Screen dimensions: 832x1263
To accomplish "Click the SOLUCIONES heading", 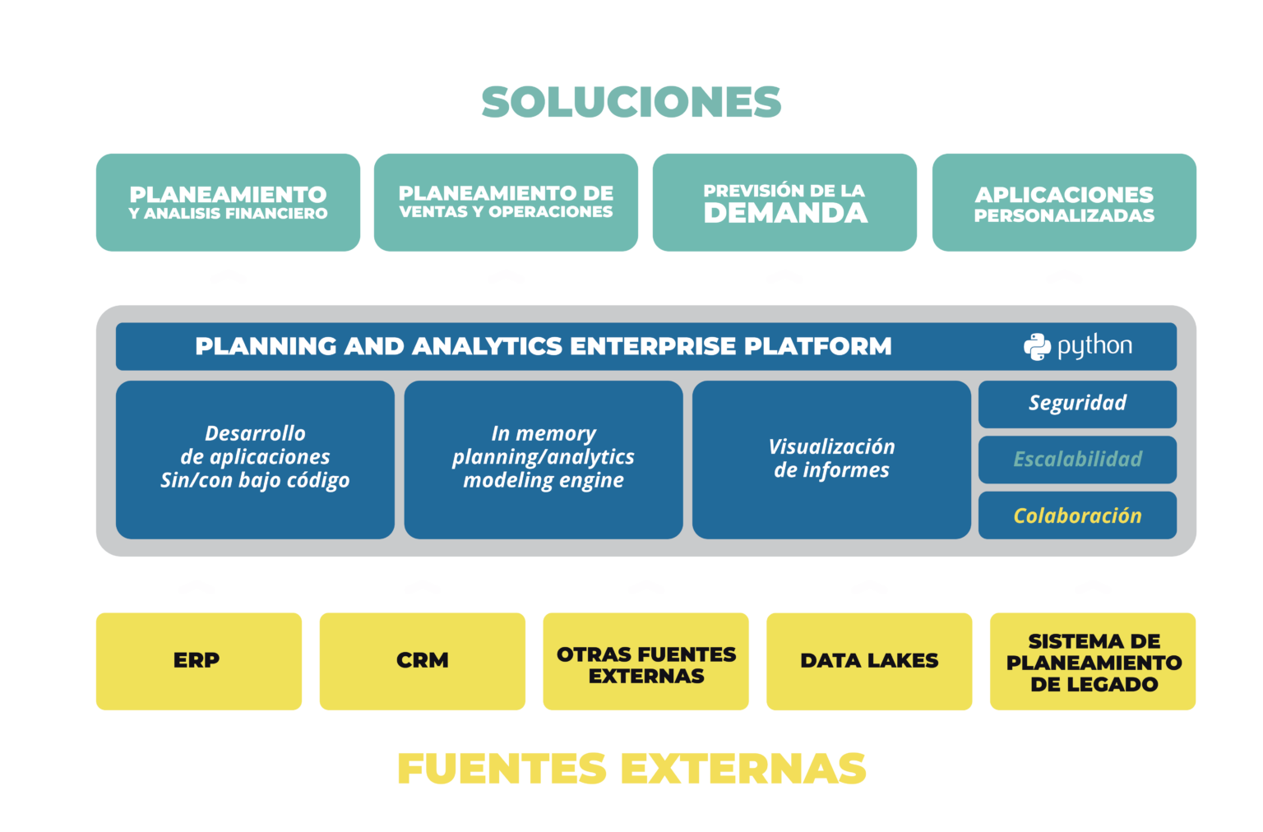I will point(631,102).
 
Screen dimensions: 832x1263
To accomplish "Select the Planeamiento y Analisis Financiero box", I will point(228,202).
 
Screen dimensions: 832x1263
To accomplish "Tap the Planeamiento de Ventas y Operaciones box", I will point(506,202).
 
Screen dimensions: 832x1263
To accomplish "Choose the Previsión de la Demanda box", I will point(784,202).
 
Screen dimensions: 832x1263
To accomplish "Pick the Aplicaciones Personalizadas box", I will point(1064,202).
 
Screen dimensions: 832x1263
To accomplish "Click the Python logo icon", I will point(1037,347).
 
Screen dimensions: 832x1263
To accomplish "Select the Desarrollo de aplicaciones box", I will point(255,460).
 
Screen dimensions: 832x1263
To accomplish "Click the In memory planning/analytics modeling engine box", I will point(543,460).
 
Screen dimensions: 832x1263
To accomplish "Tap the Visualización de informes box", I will point(831,460).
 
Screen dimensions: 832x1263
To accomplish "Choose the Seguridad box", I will point(1077,404).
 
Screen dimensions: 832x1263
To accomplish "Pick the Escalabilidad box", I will point(1077,460).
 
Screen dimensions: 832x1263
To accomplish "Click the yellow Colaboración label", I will point(1077,515).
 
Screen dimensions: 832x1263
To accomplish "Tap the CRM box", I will point(422,661).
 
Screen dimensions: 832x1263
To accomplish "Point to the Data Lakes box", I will point(869,661).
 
